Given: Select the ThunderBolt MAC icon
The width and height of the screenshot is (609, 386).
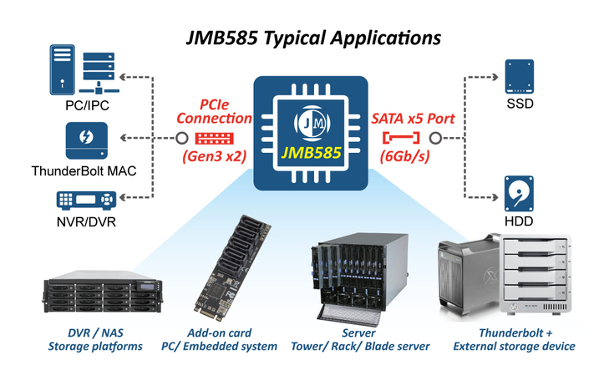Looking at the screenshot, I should [85, 140].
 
